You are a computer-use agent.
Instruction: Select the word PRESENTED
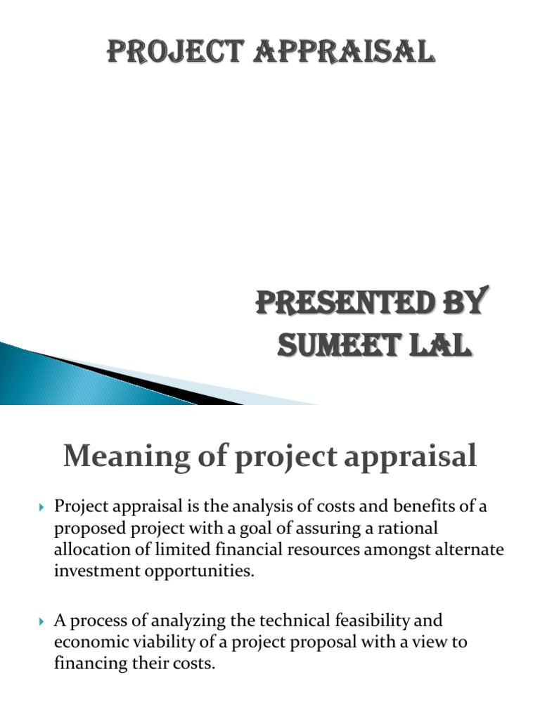pyautogui.click(x=339, y=304)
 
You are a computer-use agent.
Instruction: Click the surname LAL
pyautogui.click(x=437, y=346)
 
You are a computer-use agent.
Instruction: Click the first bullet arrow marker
pyautogui.click(x=41, y=506)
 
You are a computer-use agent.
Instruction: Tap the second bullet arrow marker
pyautogui.click(x=41, y=622)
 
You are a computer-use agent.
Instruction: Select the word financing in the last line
pyautogui.click(x=89, y=664)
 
